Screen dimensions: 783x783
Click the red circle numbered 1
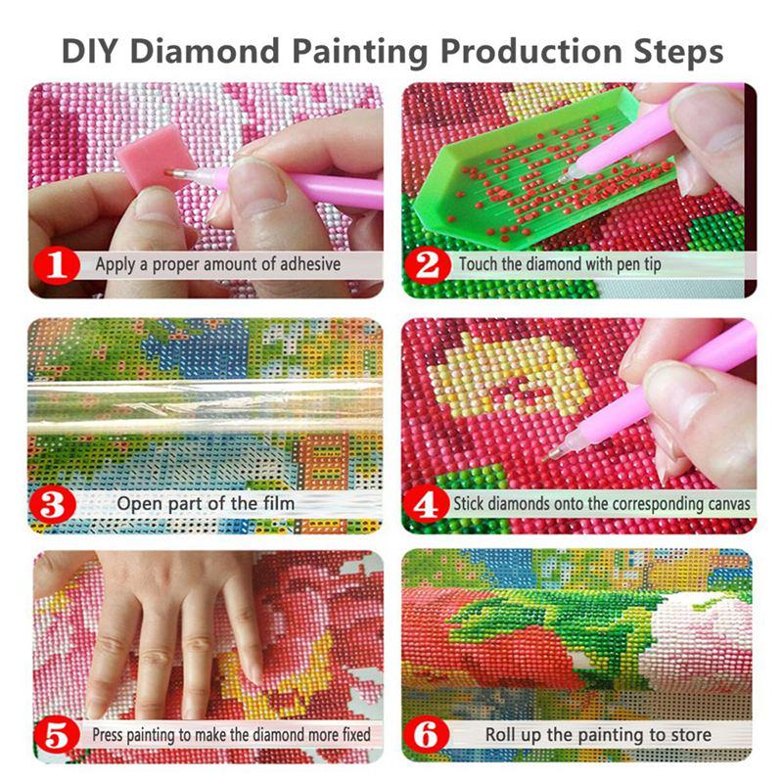click(x=59, y=263)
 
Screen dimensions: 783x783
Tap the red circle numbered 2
click(x=430, y=263)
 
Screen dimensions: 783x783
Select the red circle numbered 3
click(x=59, y=504)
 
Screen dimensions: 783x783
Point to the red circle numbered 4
click(x=430, y=504)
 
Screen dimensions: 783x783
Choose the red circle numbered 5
click(x=59, y=733)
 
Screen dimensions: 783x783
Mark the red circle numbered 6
click(x=430, y=733)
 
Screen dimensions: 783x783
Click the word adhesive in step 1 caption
click(x=306, y=264)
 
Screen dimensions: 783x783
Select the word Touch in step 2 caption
click(x=481, y=264)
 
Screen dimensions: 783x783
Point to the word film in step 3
click(x=274, y=504)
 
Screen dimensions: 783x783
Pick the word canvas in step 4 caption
click(x=725, y=504)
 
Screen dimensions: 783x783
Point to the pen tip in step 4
click(x=559, y=452)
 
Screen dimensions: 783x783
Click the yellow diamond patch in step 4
click(x=509, y=377)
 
